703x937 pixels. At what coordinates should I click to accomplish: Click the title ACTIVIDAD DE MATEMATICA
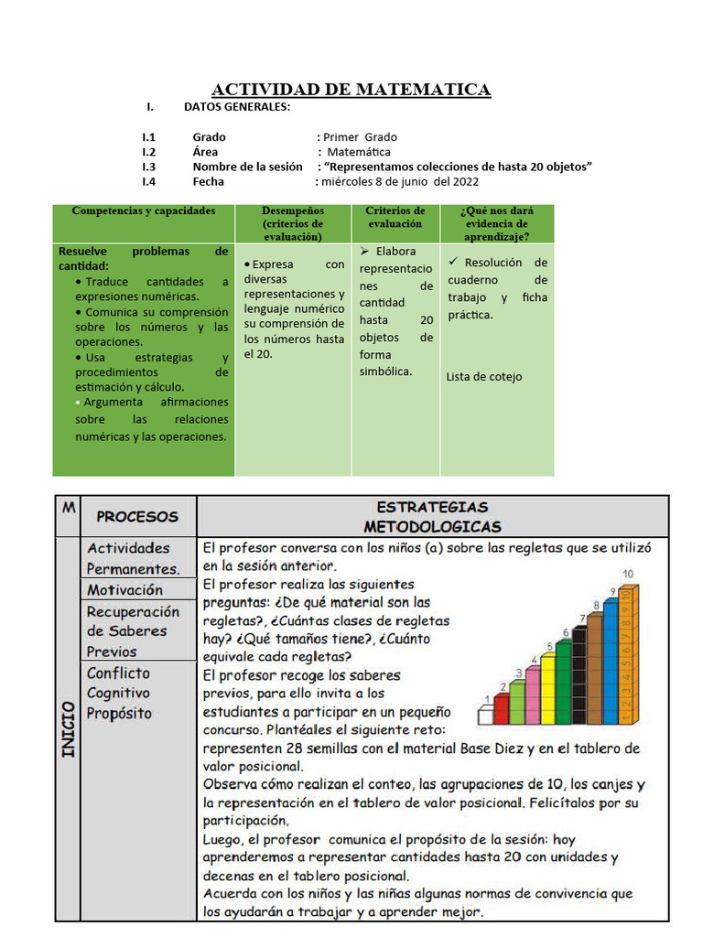point(351,89)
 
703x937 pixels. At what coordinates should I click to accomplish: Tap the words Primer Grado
point(360,137)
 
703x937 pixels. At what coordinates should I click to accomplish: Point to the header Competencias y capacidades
point(144,210)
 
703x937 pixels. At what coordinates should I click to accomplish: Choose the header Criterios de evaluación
point(395,217)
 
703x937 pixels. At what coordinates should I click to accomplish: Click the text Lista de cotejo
point(484,376)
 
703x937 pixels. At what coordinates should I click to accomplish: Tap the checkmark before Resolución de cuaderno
point(453,262)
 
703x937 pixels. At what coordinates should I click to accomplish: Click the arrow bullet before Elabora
point(364,251)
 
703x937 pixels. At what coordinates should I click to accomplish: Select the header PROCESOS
point(137,516)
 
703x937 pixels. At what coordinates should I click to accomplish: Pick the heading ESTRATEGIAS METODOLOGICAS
point(432,516)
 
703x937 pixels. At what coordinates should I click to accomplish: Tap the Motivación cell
point(125,590)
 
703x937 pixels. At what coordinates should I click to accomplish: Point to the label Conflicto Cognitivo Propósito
point(119,693)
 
